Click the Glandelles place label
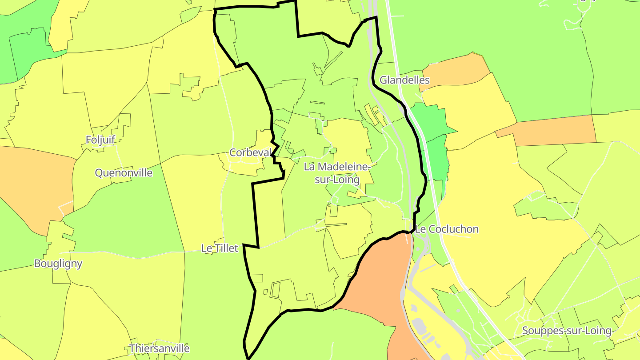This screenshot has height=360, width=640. click(404, 80)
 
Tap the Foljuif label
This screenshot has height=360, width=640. click(100, 140)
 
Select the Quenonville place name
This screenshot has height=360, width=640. click(124, 172)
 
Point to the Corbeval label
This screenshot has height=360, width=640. click(250, 152)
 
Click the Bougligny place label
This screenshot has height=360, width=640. click(58, 263)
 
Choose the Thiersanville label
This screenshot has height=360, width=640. click(159, 348)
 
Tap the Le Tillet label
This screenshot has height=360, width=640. click(220, 248)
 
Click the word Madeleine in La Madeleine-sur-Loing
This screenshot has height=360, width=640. click(342, 167)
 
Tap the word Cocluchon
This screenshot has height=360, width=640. click(453, 229)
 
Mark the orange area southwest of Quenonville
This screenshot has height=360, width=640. click(36, 187)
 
